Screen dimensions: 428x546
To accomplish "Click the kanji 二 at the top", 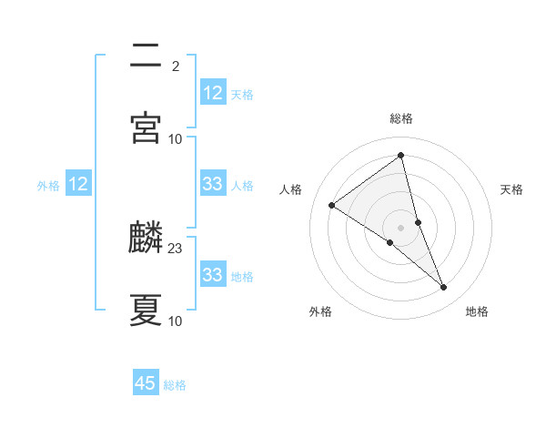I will click(x=146, y=56).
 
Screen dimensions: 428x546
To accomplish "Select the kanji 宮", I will click(x=146, y=128).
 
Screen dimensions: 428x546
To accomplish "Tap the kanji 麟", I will click(x=146, y=238).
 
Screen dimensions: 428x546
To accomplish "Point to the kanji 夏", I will click(x=146, y=311).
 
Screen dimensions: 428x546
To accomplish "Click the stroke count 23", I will click(x=176, y=248).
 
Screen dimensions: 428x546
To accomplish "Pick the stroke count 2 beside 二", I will click(x=175, y=66).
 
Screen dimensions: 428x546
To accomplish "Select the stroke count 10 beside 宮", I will click(x=176, y=138).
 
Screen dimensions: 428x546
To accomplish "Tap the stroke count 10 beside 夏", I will click(x=176, y=321).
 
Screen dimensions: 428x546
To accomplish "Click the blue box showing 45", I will click(x=146, y=383).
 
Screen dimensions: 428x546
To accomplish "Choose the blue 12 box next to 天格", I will click(x=212, y=93).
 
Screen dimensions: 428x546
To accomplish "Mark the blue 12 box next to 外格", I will click(x=78, y=184).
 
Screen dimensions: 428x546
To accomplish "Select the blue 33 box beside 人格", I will click(x=212, y=184).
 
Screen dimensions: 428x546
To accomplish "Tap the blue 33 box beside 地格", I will click(x=212, y=275).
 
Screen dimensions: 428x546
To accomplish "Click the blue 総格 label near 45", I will click(x=175, y=385).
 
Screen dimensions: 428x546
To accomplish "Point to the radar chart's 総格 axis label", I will click(x=401, y=118).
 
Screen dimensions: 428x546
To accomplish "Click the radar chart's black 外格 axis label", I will click(x=320, y=312).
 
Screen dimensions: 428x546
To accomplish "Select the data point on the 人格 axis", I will click(x=332, y=206).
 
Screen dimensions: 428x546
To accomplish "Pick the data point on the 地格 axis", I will click(x=444, y=288).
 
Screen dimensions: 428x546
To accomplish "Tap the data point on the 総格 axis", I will click(x=401, y=156).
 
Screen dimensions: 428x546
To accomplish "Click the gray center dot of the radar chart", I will click(x=401, y=227).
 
